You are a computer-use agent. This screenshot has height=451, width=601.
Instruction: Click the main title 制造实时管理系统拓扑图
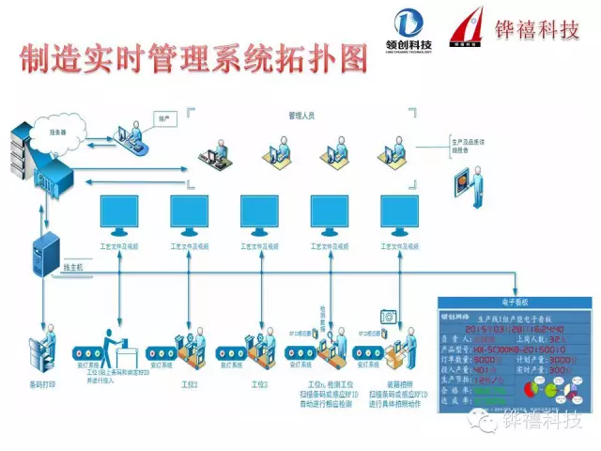(x=193, y=59)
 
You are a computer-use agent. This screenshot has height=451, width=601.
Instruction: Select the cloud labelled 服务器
(x=59, y=132)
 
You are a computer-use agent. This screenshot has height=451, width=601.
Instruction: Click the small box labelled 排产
(x=163, y=119)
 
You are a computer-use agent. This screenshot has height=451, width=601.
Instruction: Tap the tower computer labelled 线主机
(x=45, y=258)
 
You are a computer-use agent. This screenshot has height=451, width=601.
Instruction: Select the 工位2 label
(x=191, y=384)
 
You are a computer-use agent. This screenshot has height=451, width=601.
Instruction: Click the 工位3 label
(x=260, y=384)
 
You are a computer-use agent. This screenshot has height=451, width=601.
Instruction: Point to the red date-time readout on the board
(x=511, y=329)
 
